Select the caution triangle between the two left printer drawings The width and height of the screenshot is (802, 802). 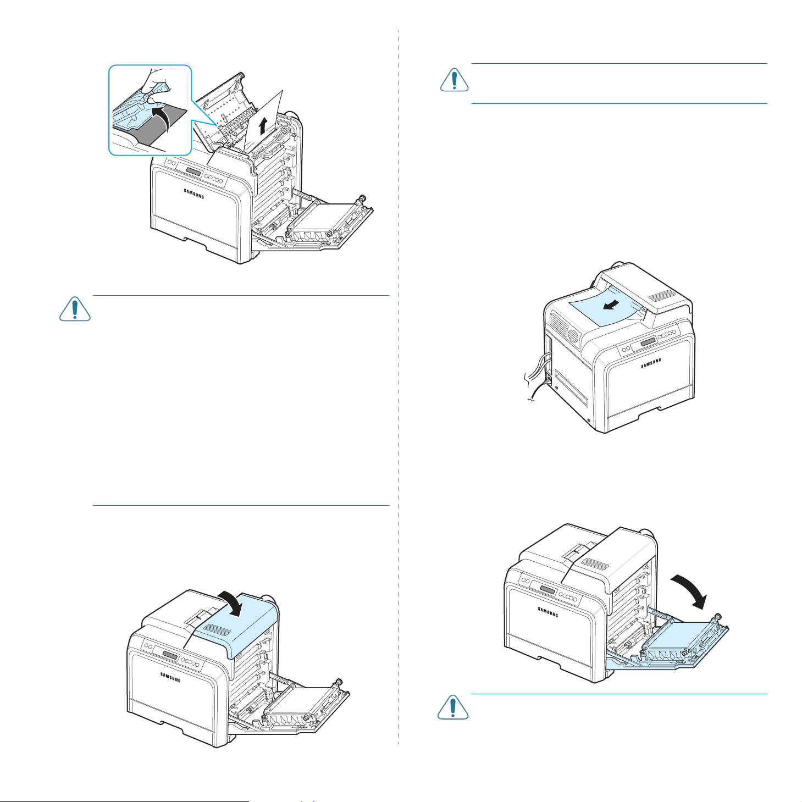pos(75,309)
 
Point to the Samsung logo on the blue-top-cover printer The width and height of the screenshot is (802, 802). pos(170,678)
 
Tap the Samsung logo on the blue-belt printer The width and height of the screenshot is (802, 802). pos(547,611)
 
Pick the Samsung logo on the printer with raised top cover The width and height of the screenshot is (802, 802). pos(193,193)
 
